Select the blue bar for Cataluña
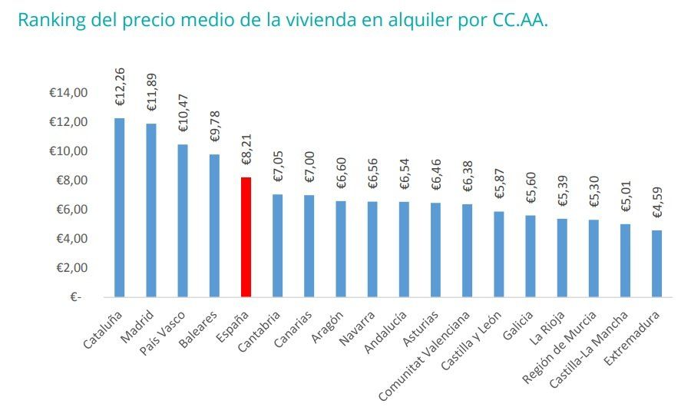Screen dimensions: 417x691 point(119,207)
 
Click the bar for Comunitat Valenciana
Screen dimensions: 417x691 point(467,250)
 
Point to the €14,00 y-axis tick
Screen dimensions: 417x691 point(69,93)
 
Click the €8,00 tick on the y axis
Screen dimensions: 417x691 point(69,180)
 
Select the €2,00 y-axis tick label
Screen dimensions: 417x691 point(69,268)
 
